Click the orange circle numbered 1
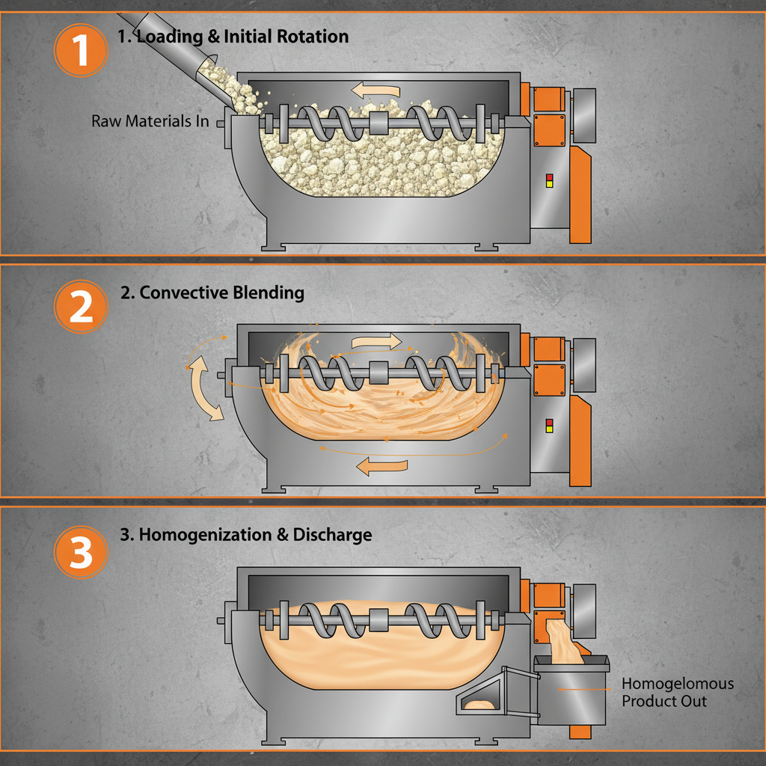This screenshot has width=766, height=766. pos(82,51)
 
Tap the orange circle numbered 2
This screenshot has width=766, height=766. pos(82,307)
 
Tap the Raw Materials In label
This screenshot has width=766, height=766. pos(150,120)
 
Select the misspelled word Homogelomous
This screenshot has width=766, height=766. pos(678,684)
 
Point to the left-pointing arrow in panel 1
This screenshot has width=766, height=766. pos(376,91)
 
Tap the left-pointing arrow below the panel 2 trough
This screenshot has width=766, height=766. pos(382,466)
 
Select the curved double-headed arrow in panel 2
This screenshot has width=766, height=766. pos(205,388)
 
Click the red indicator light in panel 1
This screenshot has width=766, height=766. pos(550,177)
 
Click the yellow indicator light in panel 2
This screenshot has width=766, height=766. pos(550,429)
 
